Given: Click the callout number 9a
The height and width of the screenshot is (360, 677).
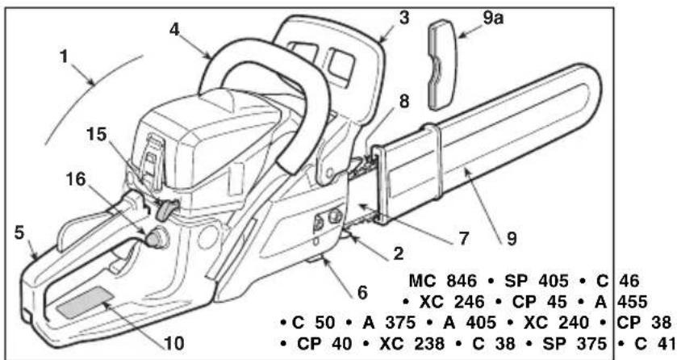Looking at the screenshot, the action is [x=493, y=18].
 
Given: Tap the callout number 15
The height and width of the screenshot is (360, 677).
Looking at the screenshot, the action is [x=96, y=134].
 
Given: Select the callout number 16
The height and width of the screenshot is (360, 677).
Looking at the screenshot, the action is [x=76, y=178].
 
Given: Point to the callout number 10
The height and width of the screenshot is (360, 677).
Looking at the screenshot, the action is [x=174, y=344].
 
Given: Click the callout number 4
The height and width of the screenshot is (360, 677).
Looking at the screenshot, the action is [x=174, y=30].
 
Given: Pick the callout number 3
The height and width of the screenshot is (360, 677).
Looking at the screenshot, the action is [x=403, y=18].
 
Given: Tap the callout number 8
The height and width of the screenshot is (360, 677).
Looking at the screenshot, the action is [x=403, y=102].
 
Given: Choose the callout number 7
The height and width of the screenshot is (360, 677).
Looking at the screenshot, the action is [x=464, y=238].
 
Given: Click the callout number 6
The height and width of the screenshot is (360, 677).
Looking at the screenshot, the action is [x=362, y=293].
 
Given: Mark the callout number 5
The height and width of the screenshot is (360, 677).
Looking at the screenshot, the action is [x=19, y=233].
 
